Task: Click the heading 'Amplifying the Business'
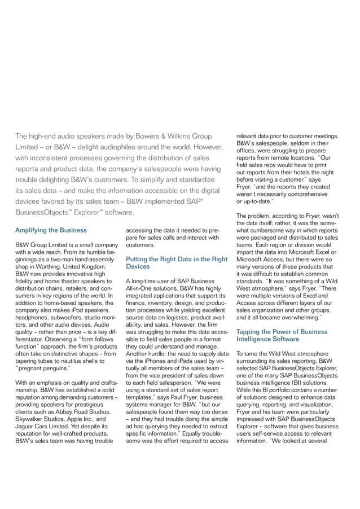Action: click(x=51, y=230)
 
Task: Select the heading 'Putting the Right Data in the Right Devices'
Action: click(x=176, y=262)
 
